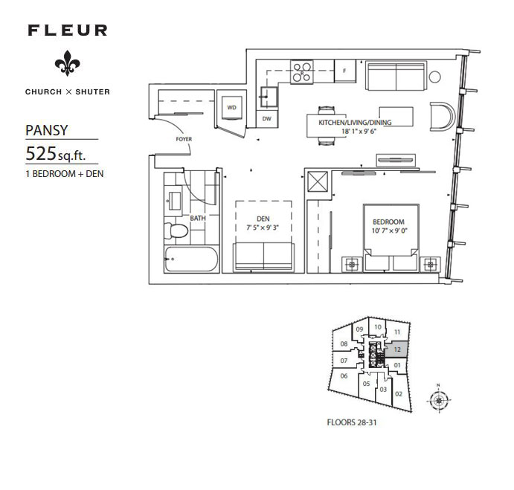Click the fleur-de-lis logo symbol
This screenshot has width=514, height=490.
click(67, 63)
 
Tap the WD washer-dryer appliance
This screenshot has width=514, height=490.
click(232, 108)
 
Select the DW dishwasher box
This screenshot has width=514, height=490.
click(267, 119)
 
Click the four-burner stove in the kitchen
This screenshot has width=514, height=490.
click(302, 72)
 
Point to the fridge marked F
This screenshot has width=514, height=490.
click(345, 71)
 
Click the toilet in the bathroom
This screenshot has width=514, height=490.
click(176, 231)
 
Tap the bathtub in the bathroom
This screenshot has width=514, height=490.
click(191, 259)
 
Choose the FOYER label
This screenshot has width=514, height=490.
click(184, 139)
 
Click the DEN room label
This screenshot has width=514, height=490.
click(263, 219)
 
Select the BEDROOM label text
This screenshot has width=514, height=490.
click(388, 222)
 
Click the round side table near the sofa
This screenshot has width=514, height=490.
click(434, 77)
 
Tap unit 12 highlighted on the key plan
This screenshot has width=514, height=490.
click(397, 349)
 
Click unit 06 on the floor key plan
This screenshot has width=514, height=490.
click(344, 376)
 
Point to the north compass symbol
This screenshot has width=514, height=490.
click(439, 400)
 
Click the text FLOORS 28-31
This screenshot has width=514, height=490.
click(352, 422)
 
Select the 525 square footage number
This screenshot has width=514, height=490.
click(41, 153)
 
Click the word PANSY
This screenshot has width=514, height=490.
click(47, 130)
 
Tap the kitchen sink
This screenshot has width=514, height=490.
click(269, 97)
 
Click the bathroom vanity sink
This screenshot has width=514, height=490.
click(173, 201)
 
